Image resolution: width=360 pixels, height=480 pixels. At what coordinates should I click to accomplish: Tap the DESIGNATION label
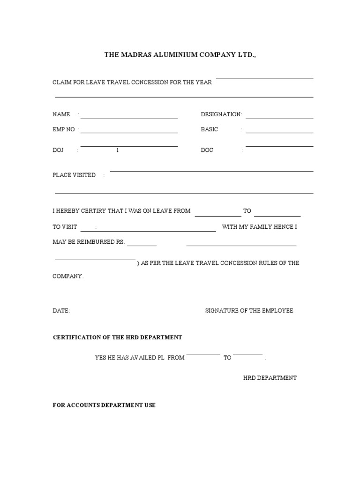pyautogui.click(x=221, y=114)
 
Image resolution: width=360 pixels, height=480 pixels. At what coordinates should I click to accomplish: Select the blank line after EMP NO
pyautogui.click(x=129, y=133)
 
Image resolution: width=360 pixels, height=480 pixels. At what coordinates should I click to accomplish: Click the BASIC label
pyautogui.click(x=210, y=129)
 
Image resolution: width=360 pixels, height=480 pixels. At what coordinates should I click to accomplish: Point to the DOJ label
pyautogui.click(x=57, y=150)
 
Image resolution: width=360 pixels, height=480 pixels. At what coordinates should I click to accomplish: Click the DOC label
pyautogui.click(x=207, y=150)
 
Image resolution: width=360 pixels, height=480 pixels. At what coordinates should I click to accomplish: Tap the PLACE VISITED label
pyautogui.click(x=74, y=175)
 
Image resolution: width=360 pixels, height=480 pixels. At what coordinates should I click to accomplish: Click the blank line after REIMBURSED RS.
pyautogui.click(x=142, y=245)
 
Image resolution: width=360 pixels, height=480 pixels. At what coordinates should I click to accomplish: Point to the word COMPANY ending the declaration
pyautogui.click(x=67, y=277)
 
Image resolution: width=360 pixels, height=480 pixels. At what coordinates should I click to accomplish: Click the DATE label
pyautogui.click(x=61, y=311)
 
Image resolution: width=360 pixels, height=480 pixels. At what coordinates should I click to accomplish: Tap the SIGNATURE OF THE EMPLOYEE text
pyautogui.click(x=249, y=311)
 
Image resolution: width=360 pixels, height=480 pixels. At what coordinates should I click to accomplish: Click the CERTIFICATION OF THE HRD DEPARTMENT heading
pyautogui.click(x=117, y=337)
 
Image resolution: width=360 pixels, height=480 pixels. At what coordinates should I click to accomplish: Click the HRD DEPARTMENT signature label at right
pyautogui.click(x=270, y=378)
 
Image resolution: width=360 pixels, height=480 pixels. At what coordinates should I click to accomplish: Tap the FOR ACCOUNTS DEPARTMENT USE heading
pyautogui.click(x=104, y=405)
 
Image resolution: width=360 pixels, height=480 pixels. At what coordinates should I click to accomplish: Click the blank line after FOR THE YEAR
pyautogui.click(x=264, y=79)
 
